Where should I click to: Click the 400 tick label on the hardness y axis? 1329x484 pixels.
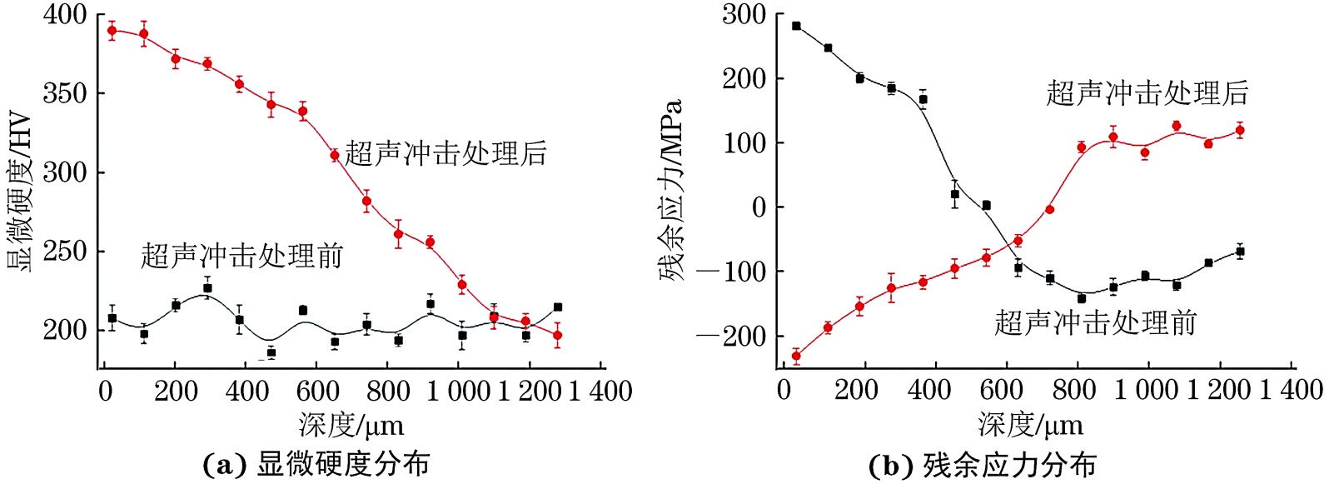[x=65, y=15]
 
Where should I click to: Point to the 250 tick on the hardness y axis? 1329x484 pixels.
[x=65, y=252]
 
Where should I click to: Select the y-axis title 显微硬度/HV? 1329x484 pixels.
[x=19, y=192]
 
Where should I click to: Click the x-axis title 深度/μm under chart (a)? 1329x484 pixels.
[x=351, y=426]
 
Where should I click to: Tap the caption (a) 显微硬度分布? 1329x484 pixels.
[x=316, y=464]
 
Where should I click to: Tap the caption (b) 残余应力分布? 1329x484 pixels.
[x=982, y=465]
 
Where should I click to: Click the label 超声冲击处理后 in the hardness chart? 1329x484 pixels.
[x=445, y=153]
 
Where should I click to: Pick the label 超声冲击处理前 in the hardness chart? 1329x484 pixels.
[x=241, y=256]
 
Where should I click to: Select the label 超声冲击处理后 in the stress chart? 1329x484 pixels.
[x=1147, y=93]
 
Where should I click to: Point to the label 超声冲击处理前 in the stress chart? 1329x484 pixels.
[x=1096, y=322]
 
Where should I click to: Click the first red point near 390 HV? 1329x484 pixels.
[x=112, y=31]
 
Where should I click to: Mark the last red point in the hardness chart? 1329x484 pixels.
[x=557, y=336]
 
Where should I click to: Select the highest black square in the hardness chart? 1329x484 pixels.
[x=207, y=288]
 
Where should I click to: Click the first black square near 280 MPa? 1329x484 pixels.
[x=796, y=26]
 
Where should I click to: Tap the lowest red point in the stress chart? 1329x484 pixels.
[x=796, y=356]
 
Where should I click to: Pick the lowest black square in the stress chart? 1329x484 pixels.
[x=1082, y=298]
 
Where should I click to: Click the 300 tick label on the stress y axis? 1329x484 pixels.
[x=743, y=15]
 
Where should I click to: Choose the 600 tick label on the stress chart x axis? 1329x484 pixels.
[x=1000, y=391]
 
